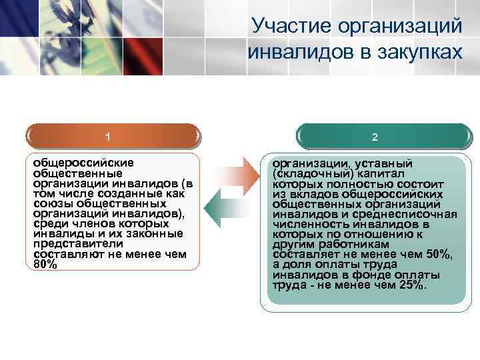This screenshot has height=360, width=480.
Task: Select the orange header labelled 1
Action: [108, 137]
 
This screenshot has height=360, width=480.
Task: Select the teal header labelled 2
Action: [375, 137]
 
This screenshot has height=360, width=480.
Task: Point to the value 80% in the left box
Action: [45, 265]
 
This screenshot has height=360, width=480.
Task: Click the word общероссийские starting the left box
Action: [83, 162]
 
